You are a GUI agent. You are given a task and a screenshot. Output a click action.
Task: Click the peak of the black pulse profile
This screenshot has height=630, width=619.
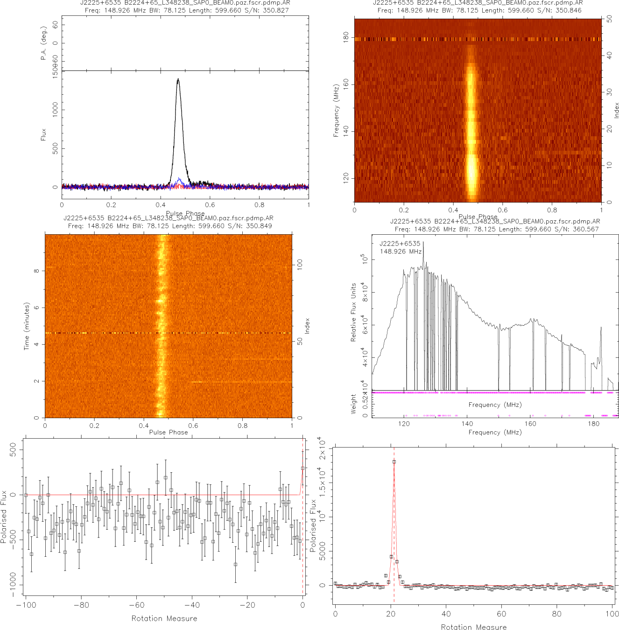pyautogui.click(x=178, y=79)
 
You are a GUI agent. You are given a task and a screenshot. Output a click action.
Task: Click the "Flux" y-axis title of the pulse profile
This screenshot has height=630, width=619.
pyautogui.click(x=43, y=135)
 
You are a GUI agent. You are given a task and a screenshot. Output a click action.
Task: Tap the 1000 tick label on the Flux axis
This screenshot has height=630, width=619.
pyautogui.click(x=55, y=110)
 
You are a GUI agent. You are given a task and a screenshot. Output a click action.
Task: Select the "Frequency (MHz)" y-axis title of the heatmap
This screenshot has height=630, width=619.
pyautogui.click(x=336, y=111)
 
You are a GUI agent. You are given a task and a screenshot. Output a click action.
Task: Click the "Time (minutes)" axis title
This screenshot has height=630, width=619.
pyautogui.click(x=27, y=326)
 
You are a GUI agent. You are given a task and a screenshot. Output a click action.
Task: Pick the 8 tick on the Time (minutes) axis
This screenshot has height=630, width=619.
pyautogui.click(x=36, y=271)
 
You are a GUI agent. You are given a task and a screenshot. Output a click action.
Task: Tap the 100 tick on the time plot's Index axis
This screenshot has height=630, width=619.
pyautogui.click(x=300, y=265)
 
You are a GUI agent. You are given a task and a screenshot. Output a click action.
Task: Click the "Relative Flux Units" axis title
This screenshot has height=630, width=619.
pyautogui.click(x=353, y=312)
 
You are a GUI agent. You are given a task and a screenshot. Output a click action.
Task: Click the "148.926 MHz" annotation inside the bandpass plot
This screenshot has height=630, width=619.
pyautogui.click(x=401, y=252)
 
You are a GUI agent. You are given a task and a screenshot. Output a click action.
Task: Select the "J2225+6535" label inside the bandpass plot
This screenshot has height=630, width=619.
pyautogui.click(x=400, y=244)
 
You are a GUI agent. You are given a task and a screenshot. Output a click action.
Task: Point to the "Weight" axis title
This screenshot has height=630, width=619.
pyautogui.click(x=353, y=404)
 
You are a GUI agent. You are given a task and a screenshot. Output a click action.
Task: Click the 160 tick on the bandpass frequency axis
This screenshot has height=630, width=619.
pyautogui.click(x=530, y=424)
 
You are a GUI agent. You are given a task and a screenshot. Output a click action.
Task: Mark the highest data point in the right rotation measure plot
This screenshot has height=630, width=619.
pyautogui.click(x=394, y=462)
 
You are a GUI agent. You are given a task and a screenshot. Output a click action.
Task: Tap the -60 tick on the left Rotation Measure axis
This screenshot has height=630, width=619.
pyautogui.click(x=136, y=605)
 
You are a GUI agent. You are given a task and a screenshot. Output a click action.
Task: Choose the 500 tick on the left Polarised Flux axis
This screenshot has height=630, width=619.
pyautogui.click(x=13, y=451)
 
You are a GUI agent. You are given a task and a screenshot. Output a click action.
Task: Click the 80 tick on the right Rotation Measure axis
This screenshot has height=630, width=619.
pyautogui.click(x=557, y=614)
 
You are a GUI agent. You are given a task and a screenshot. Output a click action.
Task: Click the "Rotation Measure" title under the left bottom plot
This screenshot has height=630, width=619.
pyautogui.click(x=164, y=618)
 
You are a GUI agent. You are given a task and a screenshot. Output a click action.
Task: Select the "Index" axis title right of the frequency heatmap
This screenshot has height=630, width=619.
pyautogui.click(x=616, y=110)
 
